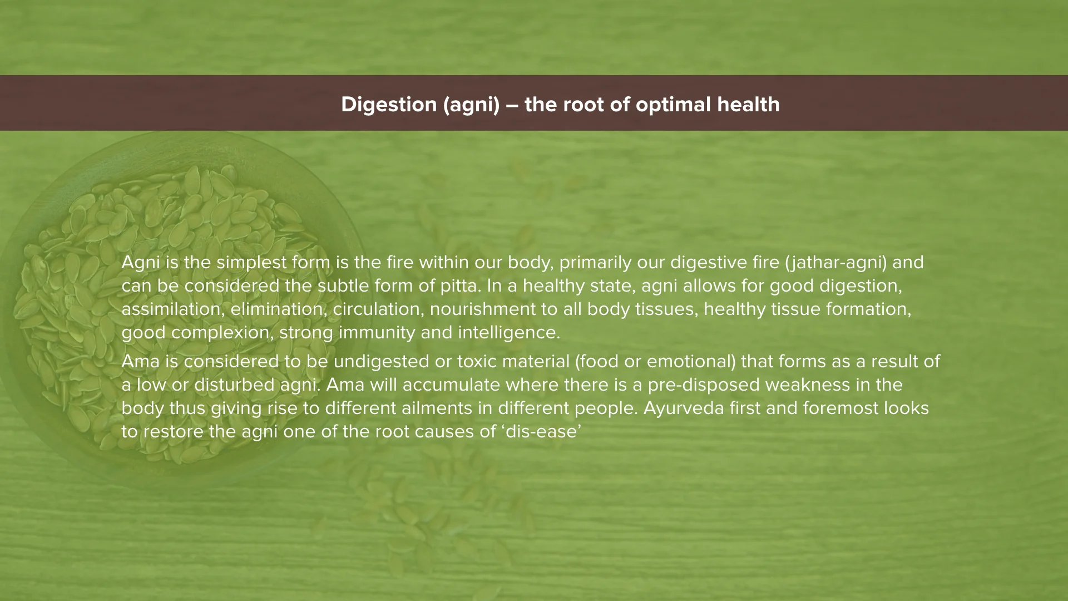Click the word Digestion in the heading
[x=389, y=105]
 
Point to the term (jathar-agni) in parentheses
[x=836, y=262]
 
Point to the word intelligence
[x=508, y=333]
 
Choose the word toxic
[x=477, y=362]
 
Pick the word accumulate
[x=452, y=385]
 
